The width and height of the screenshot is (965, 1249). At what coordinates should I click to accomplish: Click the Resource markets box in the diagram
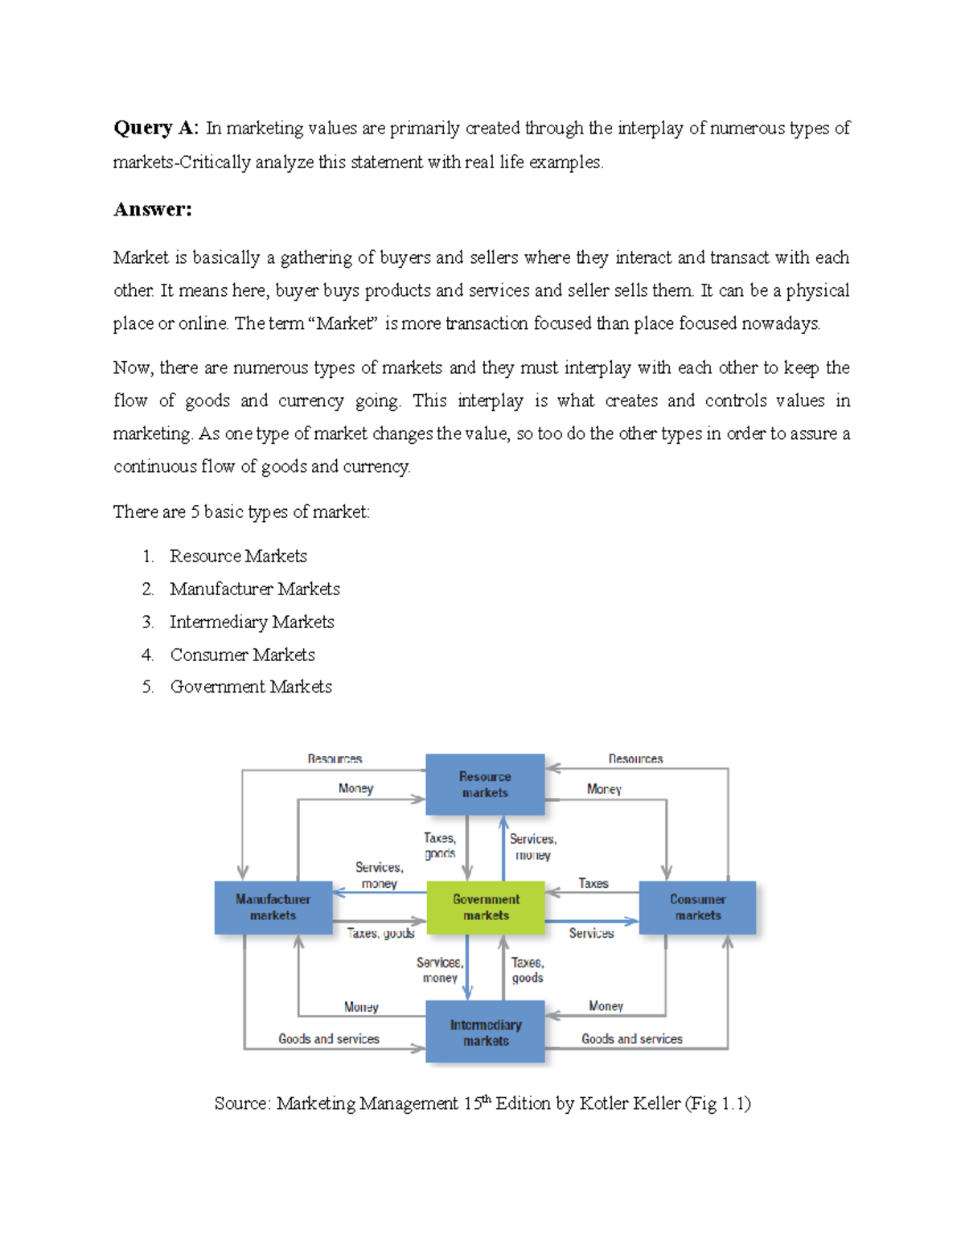[x=485, y=784]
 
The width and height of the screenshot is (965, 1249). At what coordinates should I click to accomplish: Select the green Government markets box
[x=486, y=907]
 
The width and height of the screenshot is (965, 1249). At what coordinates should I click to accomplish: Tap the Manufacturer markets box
[x=273, y=907]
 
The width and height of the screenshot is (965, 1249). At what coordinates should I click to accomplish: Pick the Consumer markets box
[x=697, y=907]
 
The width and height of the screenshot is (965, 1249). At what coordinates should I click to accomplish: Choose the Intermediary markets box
[x=485, y=1032]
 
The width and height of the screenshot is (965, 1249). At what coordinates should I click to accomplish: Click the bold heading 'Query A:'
[x=155, y=128]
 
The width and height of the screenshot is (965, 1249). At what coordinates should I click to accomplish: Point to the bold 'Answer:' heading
[x=152, y=210]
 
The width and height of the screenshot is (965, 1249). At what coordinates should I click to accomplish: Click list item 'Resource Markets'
[x=238, y=557]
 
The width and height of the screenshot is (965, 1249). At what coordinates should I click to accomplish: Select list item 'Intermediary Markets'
[x=252, y=622]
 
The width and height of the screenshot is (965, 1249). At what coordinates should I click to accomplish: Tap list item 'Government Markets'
[x=251, y=687]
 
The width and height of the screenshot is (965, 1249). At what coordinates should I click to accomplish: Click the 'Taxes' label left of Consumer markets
[x=593, y=883]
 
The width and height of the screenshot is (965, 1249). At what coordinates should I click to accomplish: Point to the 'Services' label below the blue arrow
[x=591, y=933]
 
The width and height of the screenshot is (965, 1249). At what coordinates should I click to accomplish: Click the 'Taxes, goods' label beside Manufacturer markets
[x=381, y=933]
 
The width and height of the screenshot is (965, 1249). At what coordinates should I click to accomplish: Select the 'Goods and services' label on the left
[x=329, y=1039]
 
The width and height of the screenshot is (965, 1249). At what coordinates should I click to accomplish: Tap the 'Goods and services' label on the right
[x=632, y=1039]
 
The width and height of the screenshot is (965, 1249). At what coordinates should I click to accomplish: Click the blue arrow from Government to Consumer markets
[x=592, y=921]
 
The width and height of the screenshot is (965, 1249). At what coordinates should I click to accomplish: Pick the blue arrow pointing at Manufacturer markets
[x=379, y=892]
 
